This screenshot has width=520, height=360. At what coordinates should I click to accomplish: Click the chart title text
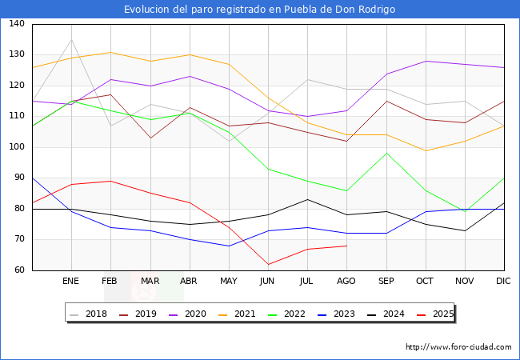coord(259,9)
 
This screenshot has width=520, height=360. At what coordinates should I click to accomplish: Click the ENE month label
coord(71,281)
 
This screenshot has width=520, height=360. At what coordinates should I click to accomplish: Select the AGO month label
coord(346,281)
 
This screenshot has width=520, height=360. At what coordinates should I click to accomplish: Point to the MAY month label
coord(229,281)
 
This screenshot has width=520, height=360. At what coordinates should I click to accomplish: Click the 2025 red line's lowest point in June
coord(268,264)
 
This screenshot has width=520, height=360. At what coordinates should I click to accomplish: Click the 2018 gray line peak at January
coord(71,39)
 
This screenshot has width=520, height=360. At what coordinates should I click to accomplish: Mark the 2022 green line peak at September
coord(386,153)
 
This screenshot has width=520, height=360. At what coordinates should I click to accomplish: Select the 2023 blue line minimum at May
coord(229,246)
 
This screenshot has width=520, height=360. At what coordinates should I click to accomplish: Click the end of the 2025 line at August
coord(346,246)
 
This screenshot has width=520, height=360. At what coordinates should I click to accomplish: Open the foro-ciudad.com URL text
coord(458,347)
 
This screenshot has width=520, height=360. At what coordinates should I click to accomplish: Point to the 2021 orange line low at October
coord(426,150)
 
